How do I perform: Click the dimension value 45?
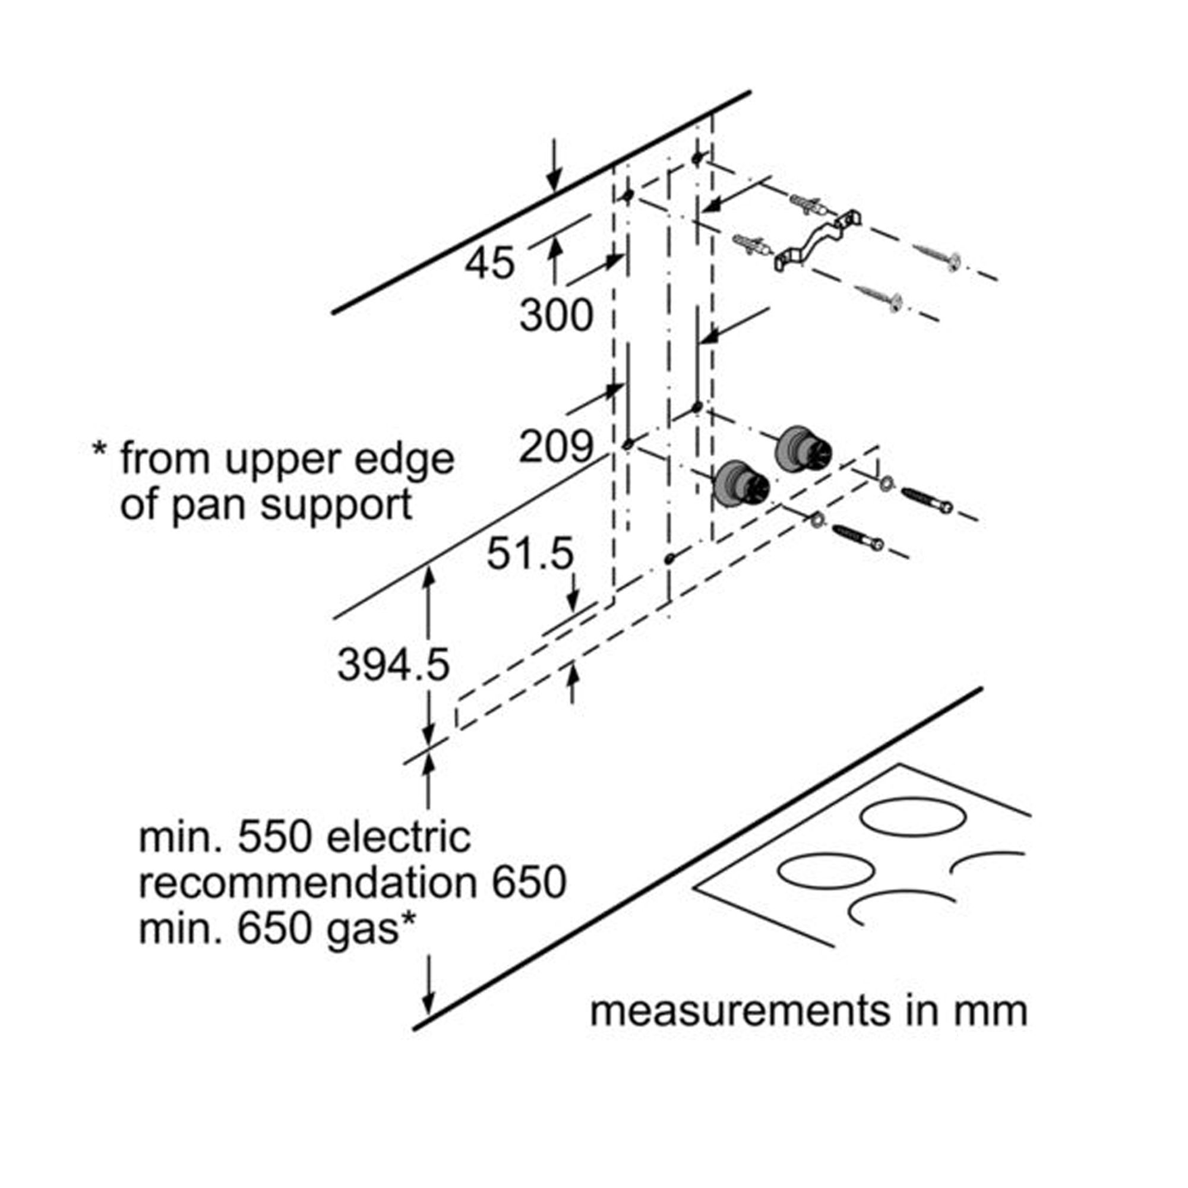489,264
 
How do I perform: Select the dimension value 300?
556,316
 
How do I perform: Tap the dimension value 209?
556,447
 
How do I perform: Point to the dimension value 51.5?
530,554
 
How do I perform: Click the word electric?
399,838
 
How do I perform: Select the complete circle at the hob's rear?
912,818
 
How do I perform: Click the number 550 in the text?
276,838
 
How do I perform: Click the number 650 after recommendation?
529,883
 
